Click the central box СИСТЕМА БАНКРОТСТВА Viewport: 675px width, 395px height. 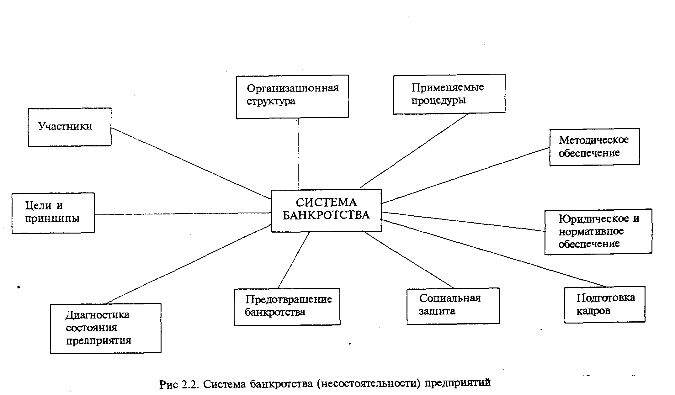(326, 210)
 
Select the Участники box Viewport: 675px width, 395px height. (70, 127)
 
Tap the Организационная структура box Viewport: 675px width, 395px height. (292, 96)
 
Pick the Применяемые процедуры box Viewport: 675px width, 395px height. (449, 94)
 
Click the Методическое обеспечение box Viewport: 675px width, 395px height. (594, 147)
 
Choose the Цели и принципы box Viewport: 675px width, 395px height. (53, 213)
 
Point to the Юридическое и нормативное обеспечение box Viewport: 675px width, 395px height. (598, 231)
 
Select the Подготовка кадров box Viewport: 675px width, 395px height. (604, 304)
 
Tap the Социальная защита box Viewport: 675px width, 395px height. (453, 306)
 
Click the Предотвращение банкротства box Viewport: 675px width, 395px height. (287, 307)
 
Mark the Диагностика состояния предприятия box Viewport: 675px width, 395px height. (106, 328)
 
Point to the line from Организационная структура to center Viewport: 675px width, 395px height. (298, 154)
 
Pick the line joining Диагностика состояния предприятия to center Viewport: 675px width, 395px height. (188, 264)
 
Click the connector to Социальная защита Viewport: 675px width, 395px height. (409, 260)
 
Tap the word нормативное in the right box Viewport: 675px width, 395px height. (591, 231)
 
